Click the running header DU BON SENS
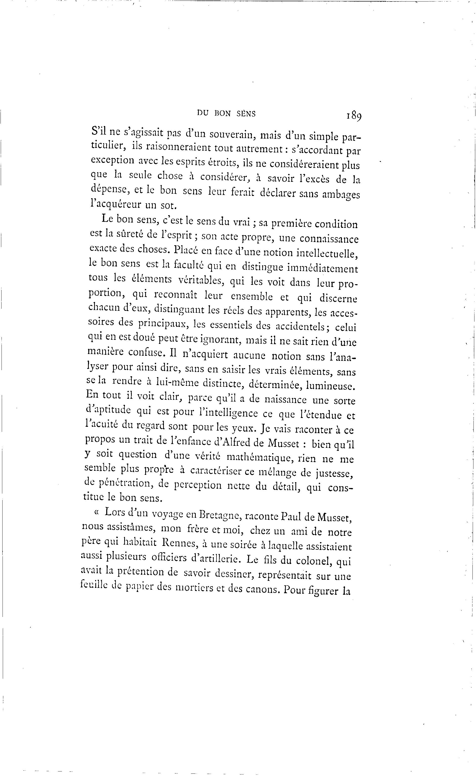pyautogui.click(x=226, y=114)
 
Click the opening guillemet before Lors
pyautogui.click(x=96, y=512)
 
